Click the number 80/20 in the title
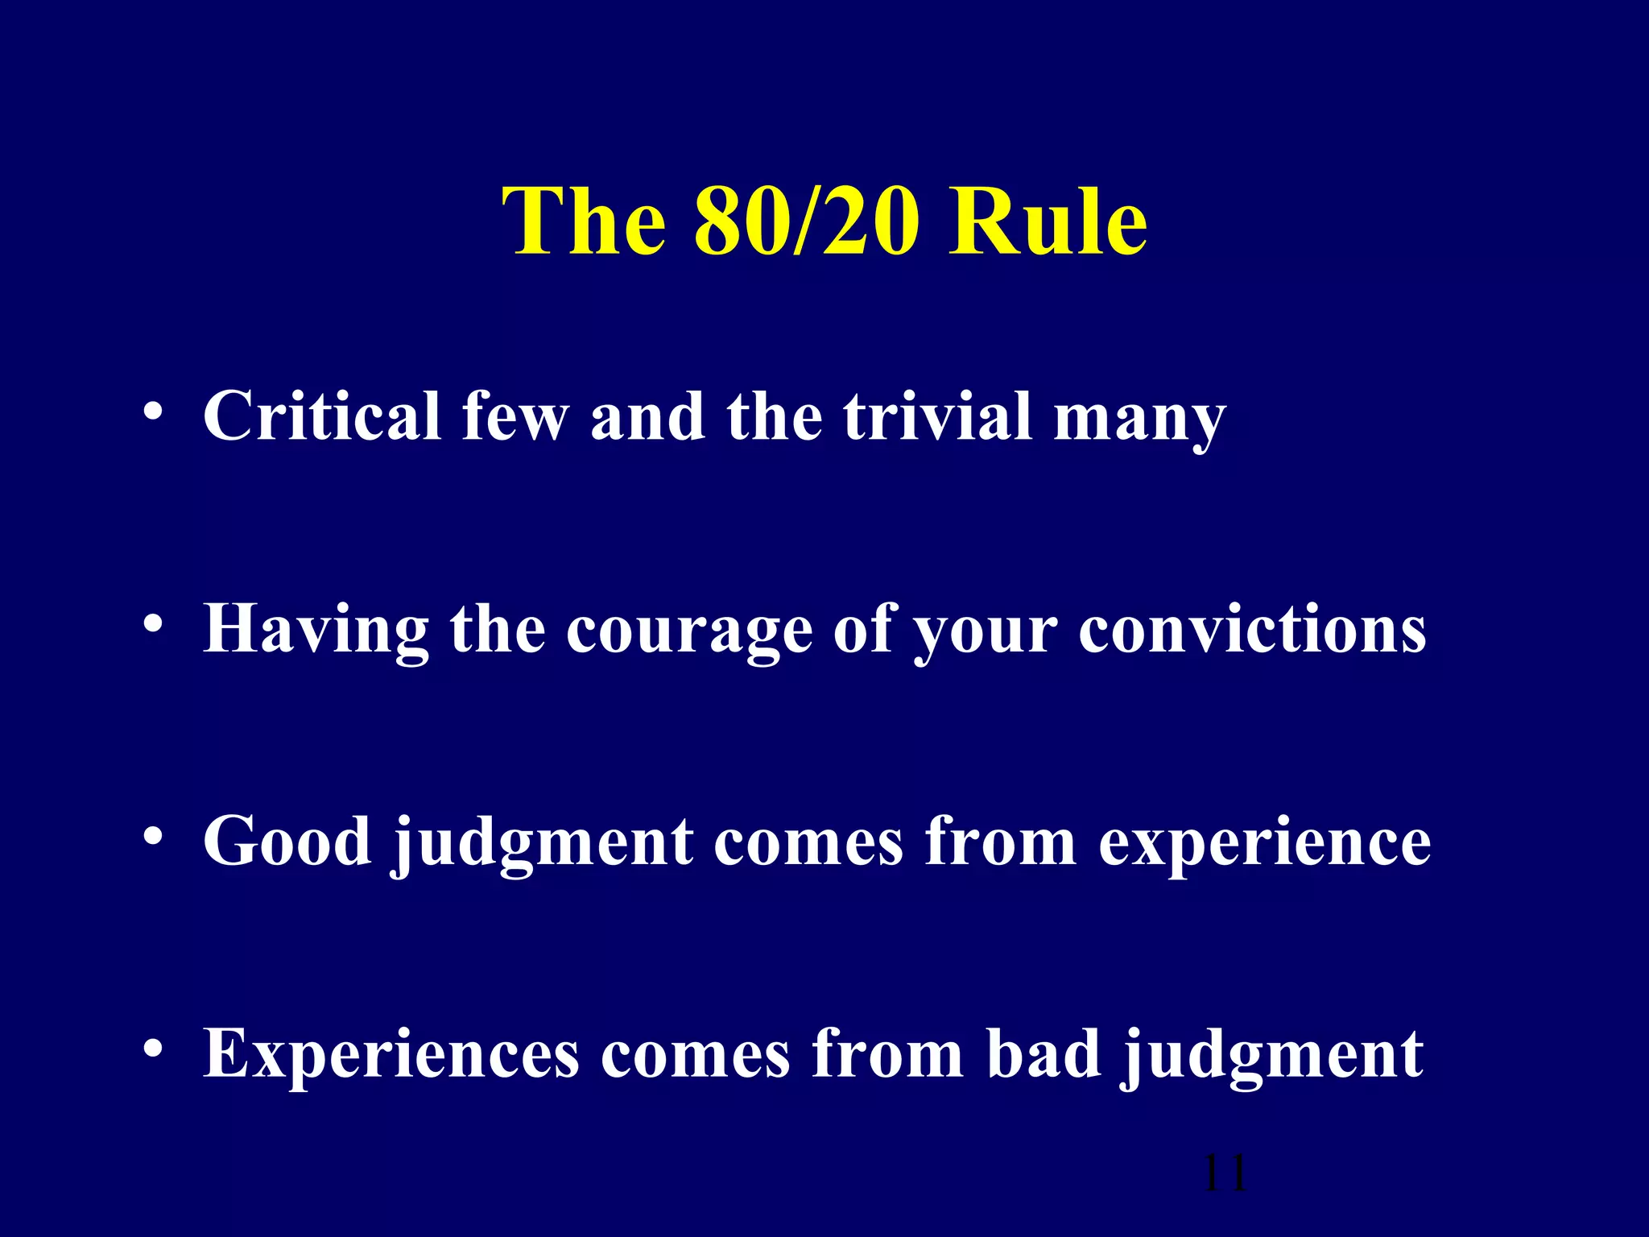coord(806,221)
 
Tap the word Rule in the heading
coord(1048,221)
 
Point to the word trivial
coord(938,416)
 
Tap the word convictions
coord(1252,629)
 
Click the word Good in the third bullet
coord(287,842)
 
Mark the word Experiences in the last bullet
coord(391,1055)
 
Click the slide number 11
coord(1224,1174)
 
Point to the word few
coord(515,416)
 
